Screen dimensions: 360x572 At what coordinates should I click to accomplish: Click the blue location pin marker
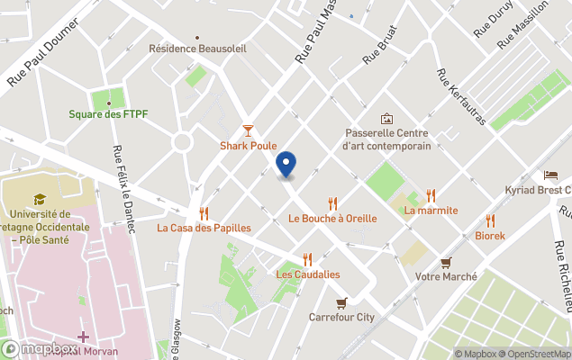(x=286, y=165)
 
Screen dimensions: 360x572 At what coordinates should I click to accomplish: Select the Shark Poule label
(x=249, y=146)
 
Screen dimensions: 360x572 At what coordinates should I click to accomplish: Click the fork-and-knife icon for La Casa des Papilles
(x=204, y=213)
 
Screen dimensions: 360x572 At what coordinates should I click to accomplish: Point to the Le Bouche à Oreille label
(x=332, y=219)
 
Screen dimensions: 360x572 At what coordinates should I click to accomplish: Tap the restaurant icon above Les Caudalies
(x=308, y=259)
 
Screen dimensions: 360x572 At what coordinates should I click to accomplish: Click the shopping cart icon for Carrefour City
(x=340, y=302)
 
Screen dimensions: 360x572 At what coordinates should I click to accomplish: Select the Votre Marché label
(x=446, y=277)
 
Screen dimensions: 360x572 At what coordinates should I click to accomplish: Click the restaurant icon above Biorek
(x=490, y=220)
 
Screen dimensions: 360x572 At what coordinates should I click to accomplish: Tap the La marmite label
(x=431, y=211)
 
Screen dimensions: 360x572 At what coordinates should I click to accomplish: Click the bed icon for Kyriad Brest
(x=550, y=175)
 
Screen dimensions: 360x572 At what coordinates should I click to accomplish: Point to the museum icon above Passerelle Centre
(x=387, y=119)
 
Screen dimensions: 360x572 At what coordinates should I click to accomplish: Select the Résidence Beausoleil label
(x=197, y=49)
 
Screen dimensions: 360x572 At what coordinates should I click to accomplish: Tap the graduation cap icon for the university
(x=40, y=200)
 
